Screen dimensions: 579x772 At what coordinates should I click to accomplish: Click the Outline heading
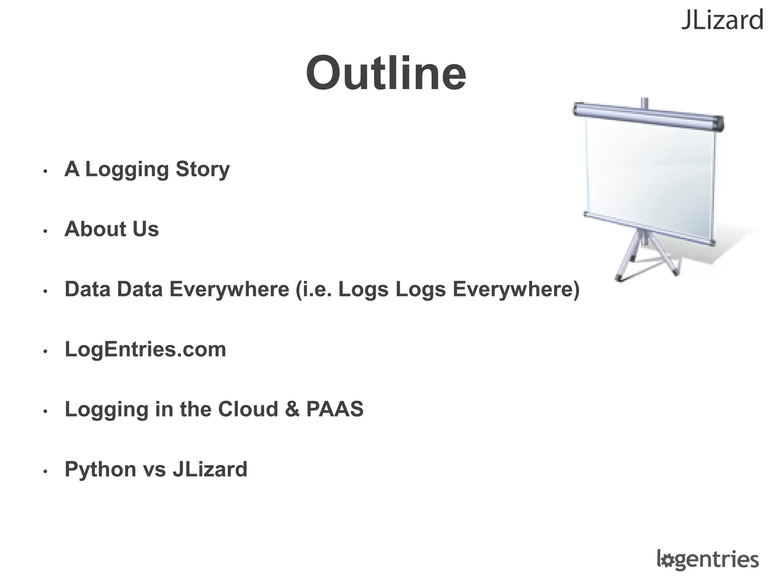386,73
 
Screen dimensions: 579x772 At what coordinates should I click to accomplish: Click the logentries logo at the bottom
708,559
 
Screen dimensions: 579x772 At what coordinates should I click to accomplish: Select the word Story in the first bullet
202,170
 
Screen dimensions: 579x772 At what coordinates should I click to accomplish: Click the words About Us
112,229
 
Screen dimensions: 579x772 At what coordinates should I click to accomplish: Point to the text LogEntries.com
146,349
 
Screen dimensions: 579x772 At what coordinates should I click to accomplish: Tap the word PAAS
335,409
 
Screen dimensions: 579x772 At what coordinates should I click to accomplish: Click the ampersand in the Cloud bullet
292,409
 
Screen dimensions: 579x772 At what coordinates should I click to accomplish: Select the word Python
100,470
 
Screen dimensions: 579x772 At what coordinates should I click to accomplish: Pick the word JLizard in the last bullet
210,469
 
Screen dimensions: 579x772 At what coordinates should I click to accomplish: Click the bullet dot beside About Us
45,231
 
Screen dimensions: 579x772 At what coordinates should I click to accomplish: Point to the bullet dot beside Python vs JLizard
45,471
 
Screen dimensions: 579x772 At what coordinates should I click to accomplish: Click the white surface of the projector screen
650,177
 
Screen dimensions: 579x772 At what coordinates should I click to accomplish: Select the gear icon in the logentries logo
668,561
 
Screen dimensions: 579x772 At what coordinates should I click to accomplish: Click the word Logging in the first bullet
126,170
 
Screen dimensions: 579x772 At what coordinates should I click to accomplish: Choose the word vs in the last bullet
154,470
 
